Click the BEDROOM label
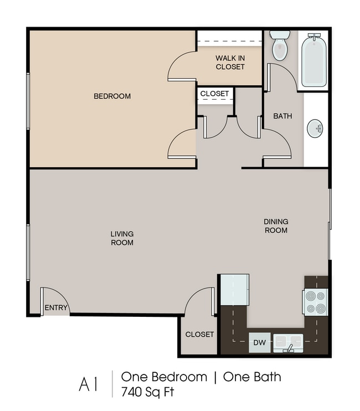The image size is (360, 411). [x=112, y=96]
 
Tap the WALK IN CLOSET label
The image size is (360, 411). [x=230, y=63]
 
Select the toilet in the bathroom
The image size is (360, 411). [x=280, y=45]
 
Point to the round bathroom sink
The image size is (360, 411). [x=315, y=129]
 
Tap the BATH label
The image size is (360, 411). [x=282, y=116]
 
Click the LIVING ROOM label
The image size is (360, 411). [x=122, y=238]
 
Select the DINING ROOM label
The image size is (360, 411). [x=276, y=225]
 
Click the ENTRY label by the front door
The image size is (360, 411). [x=56, y=307]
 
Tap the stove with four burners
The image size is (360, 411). [x=316, y=302]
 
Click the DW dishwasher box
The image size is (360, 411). [x=259, y=342]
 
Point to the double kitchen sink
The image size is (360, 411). [x=288, y=343]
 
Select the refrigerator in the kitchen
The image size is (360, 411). [x=234, y=290]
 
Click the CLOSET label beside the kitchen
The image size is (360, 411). [x=199, y=334]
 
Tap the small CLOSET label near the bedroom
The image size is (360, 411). [x=214, y=94]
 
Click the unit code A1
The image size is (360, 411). [x=88, y=384]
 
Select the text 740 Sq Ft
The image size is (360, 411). [x=147, y=392]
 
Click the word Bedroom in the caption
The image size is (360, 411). [x=179, y=377]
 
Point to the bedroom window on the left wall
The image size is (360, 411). [x=28, y=101]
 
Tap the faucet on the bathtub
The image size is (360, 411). [x=314, y=36]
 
